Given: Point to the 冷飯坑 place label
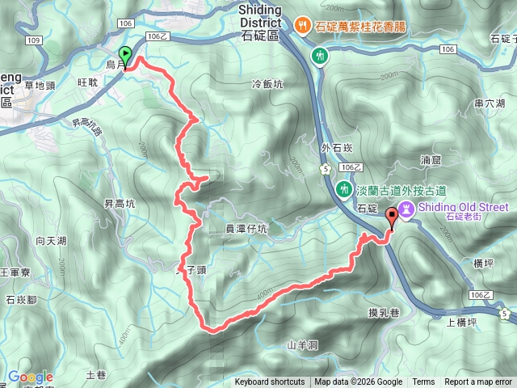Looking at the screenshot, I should (268, 83).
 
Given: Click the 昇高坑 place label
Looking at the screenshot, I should (119, 204).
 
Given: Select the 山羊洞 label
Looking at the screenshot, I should (302, 345).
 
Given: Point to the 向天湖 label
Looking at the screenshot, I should (51, 240).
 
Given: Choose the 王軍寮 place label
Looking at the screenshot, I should (15, 273).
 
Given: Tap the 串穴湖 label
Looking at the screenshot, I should (490, 103).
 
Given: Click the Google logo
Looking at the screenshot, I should (30, 377).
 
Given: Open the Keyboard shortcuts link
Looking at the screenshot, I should (270, 382).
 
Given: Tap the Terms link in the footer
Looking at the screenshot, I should (423, 382).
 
